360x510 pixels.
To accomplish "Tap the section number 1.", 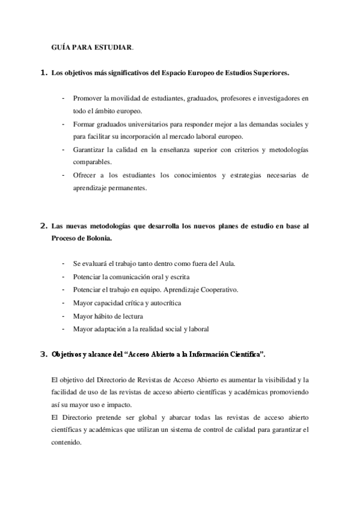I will [x=43, y=73].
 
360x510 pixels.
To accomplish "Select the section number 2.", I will [x=43, y=226].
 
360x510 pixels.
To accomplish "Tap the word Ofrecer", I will [x=85, y=175].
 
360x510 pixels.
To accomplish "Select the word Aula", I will [x=227, y=263].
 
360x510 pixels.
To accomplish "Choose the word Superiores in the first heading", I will [x=269, y=73].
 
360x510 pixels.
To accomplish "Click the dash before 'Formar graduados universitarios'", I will [x=63, y=124].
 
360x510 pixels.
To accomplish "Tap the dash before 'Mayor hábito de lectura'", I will [x=63, y=316].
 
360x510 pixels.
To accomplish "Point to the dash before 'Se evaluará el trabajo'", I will [x=63, y=263].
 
